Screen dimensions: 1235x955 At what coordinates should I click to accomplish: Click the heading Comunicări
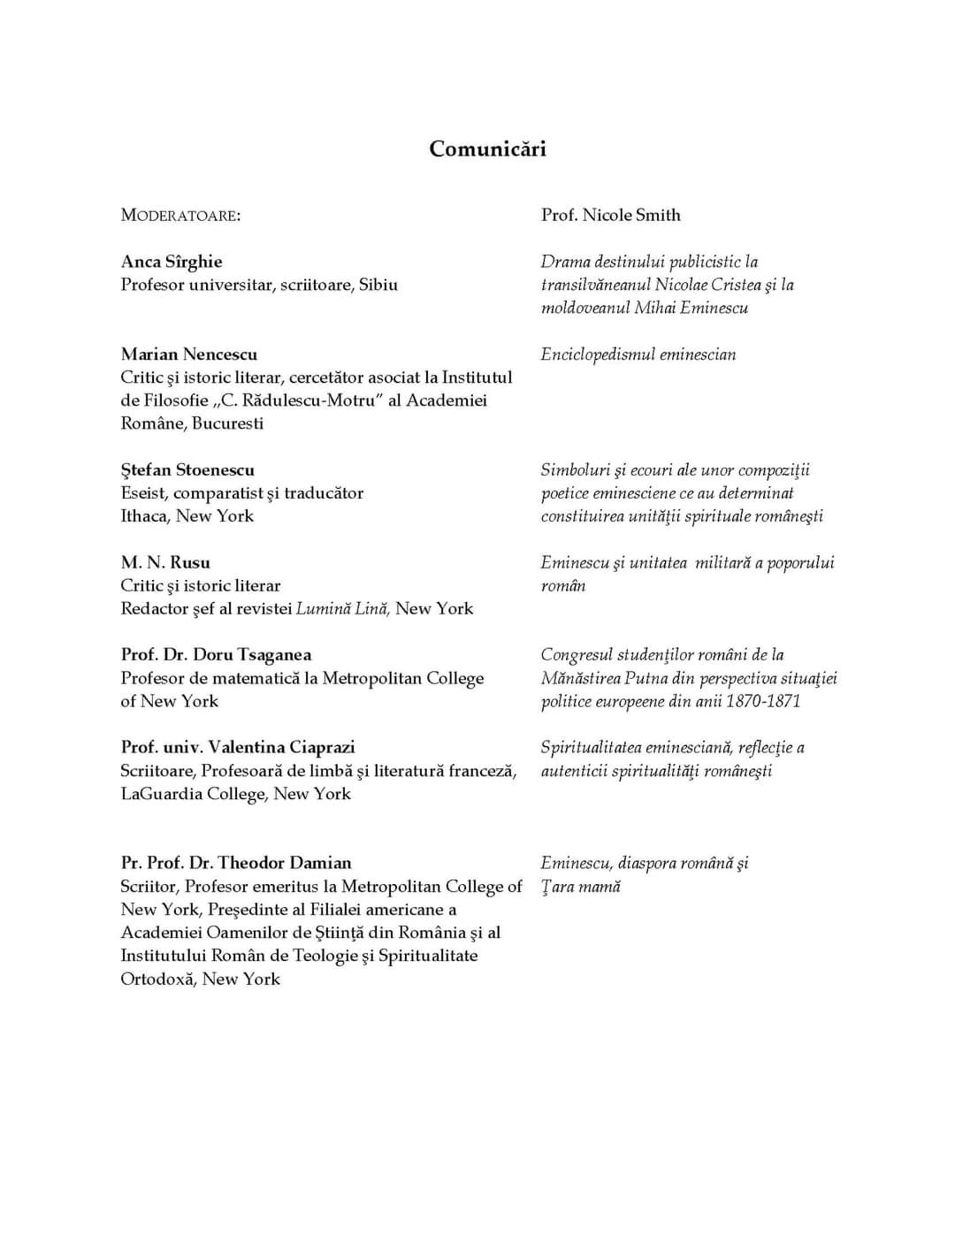point(487,149)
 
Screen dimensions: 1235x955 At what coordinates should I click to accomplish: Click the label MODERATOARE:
point(180,216)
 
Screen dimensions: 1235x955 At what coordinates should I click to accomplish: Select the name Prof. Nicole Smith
point(611,215)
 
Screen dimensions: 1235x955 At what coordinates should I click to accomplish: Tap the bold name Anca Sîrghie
point(172,262)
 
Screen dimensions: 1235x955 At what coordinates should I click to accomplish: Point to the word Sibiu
point(378,285)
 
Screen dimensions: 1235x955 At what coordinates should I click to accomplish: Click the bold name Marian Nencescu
point(189,354)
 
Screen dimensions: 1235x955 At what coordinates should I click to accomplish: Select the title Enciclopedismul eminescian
point(638,354)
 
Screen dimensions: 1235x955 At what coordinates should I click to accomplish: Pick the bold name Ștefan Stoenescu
point(187,470)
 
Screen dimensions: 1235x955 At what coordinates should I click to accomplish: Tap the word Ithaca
point(144,516)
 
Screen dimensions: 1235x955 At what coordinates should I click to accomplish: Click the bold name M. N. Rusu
point(165,562)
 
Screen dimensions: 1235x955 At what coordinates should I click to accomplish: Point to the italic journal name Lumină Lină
point(342,609)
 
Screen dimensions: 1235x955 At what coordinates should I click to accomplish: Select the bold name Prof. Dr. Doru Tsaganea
point(216,655)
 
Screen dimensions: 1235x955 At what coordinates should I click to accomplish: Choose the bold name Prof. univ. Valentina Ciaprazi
point(238,748)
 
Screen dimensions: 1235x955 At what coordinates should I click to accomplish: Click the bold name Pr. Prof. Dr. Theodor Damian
point(236,863)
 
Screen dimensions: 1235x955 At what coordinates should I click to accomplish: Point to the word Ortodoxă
point(157,980)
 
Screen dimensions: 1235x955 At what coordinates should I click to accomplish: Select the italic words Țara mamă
point(581,887)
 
